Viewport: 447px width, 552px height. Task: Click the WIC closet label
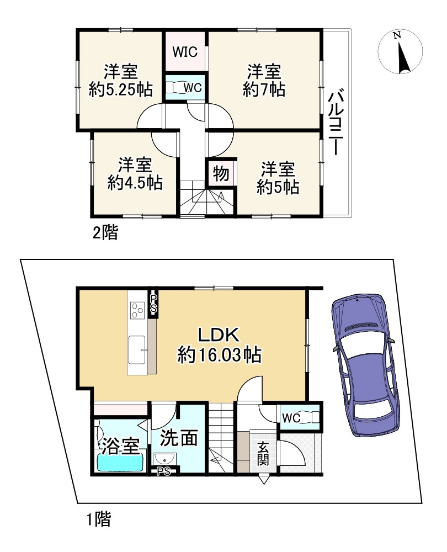(x=185, y=52)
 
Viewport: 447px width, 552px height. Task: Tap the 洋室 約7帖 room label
(x=264, y=81)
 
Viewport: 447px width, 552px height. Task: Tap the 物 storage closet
(x=221, y=173)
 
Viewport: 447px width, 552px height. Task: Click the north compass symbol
(x=400, y=51)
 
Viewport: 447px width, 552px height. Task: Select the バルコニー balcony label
(x=336, y=122)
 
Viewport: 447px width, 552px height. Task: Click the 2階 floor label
(x=105, y=233)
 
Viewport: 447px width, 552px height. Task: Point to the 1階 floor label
(x=99, y=519)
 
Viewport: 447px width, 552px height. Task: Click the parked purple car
(x=365, y=365)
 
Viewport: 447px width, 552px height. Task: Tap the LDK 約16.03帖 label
(x=219, y=345)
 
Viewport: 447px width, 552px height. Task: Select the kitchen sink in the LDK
(x=137, y=349)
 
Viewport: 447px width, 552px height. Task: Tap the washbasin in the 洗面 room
(x=164, y=459)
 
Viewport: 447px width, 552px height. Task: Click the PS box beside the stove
(x=153, y=304)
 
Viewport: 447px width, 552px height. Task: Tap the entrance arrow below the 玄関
(x=264, y=480)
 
